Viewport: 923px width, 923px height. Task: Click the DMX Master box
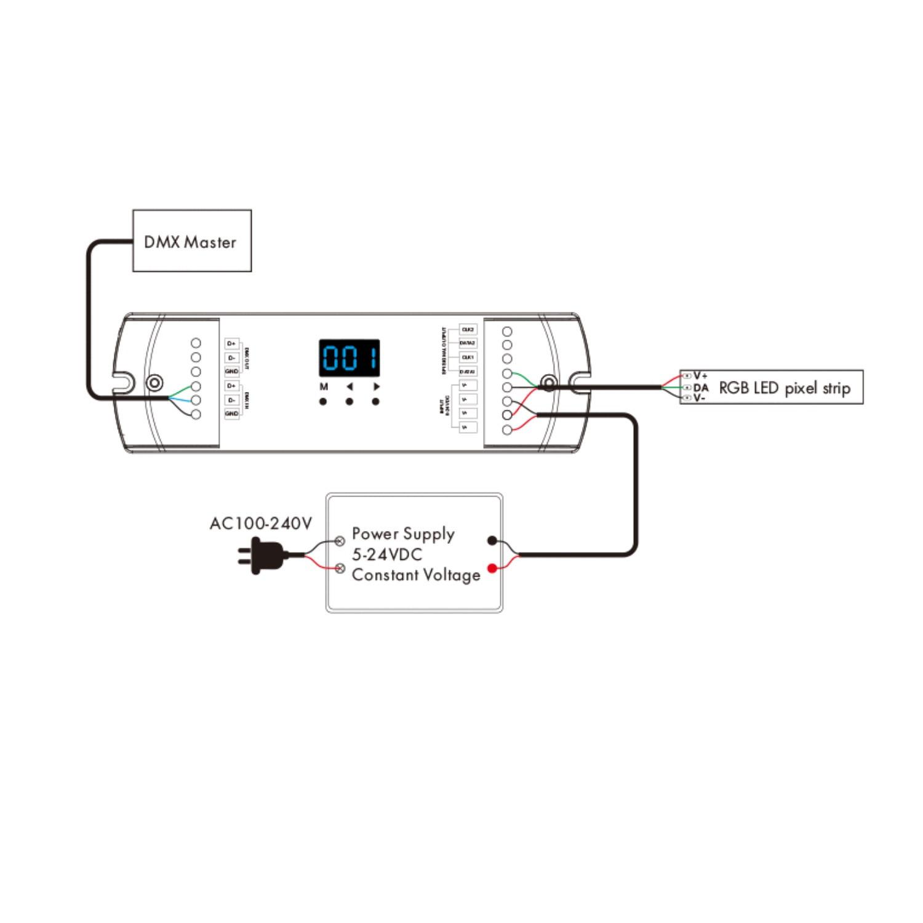tap(192, 241)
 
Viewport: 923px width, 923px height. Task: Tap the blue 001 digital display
tap(349, 358)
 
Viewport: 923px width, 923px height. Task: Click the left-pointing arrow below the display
tap(350, 387)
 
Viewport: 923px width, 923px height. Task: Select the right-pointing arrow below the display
tap(376, 387)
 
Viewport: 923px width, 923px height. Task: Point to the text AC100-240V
tap(261, 524)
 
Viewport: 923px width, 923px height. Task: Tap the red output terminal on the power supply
tap(492, 568)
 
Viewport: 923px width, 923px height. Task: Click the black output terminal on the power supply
tap(492, 541)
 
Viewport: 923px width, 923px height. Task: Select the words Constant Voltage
tap(416, 575)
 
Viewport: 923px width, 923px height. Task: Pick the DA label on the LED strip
tap(701, 388)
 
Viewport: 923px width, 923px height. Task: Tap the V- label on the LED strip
tap(700, 398)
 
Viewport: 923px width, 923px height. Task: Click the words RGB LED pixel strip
tap(785, 388)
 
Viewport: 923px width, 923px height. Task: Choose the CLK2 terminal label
tap(468, 330)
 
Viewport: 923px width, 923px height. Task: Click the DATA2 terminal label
tap(468, 343)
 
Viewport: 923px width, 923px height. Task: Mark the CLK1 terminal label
tap(468, 358)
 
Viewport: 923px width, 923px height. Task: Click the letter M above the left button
tap(324, 387)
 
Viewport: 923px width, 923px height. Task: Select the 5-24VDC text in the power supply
tap(387, 554)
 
